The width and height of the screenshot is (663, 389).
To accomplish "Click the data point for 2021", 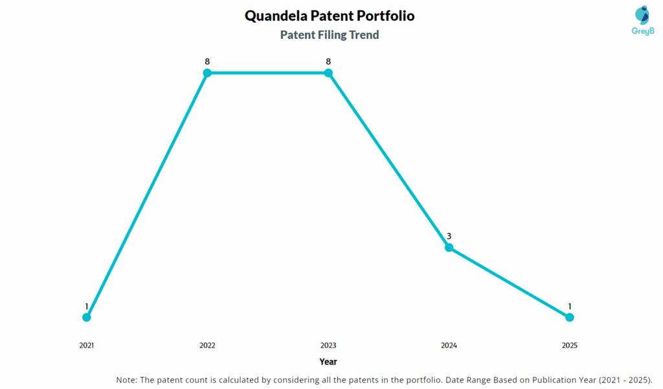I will tap(87, 317).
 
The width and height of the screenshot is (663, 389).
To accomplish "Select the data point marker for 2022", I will tap(207, 73).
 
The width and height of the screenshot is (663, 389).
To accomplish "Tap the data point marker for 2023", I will tap(328, 73).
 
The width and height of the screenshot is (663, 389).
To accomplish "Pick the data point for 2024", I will tap(449, 247).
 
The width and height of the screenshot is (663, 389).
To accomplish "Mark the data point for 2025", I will tap(570, 317).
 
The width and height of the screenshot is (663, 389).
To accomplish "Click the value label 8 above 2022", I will tap(207, 61).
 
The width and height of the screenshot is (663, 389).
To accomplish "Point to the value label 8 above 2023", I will tap(328, 61).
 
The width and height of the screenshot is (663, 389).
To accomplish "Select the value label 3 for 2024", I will tap(449, 236).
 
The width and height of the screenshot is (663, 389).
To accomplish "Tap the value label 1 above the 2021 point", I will tap(87, 306).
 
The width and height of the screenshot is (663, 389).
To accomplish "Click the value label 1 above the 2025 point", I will tap(570, 306).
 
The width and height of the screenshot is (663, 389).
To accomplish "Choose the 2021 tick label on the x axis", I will tap(87, 346).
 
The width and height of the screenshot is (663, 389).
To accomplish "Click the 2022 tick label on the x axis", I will tap(207, 346).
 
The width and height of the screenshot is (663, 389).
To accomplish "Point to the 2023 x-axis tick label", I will tap(328, 346).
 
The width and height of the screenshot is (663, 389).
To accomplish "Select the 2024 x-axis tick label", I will tap(449, 346).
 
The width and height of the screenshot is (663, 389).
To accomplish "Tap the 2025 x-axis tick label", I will tap(570, 346).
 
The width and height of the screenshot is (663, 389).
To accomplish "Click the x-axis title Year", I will tap(328, 362).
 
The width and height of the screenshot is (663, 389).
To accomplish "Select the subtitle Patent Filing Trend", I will tap(330, 35).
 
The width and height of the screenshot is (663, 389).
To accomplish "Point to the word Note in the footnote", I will tap(126, 379).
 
